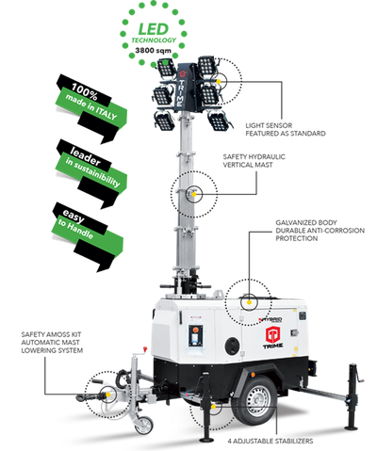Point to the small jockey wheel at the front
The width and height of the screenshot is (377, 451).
click(142, 423)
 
